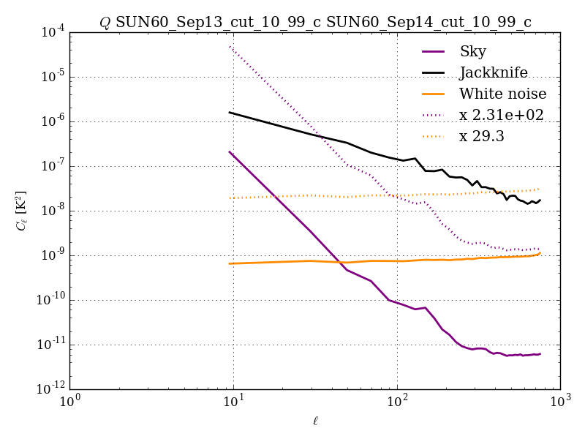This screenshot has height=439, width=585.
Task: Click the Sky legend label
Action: point(472,51)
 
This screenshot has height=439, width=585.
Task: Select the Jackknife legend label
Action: point(493,72)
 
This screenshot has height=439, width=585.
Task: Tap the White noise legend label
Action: point(502,94)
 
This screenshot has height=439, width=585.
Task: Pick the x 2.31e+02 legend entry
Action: point(501,115)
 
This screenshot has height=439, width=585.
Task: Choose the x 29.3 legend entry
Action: point(482,136)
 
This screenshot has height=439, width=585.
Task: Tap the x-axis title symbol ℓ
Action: point(315,421)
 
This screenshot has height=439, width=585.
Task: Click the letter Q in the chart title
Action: point(105,23)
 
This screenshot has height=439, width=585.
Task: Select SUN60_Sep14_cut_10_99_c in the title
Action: point(429,23)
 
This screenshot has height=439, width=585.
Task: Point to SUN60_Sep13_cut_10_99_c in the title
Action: point(218,23)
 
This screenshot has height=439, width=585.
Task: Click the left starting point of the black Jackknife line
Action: point(230,112)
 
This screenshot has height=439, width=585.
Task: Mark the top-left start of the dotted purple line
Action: point(230,46)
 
